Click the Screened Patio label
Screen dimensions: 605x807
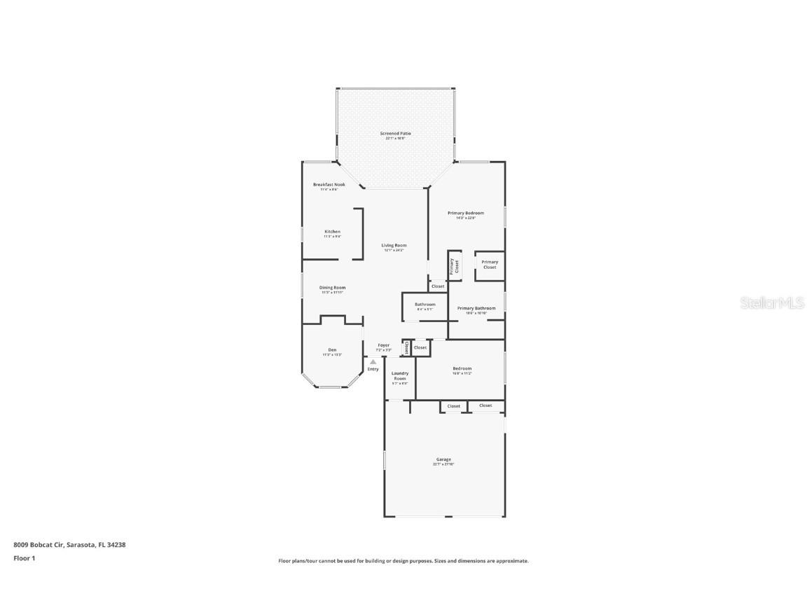tap(395, 133)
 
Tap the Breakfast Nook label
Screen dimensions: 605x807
tap(329, 185)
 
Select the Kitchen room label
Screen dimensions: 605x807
tap(332, 232)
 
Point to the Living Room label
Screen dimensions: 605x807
tap(394, 246)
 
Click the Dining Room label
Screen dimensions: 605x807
tap(332, 288)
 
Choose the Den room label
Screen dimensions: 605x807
tap(332, 350)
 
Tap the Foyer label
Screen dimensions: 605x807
tap(383, 345)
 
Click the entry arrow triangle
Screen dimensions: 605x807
tap(373, 362)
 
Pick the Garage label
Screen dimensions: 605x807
tap(443, 460)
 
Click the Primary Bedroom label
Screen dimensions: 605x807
tap(466, 213)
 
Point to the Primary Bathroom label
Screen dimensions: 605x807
tap(476, 308)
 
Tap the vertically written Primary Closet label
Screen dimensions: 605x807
tap(455, 266)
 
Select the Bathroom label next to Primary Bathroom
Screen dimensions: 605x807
tap(425, 305)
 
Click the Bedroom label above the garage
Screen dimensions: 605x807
tap(462, 369)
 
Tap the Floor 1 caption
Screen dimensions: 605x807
tap(24, 558)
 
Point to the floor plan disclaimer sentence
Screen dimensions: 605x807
tap(403, 561)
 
